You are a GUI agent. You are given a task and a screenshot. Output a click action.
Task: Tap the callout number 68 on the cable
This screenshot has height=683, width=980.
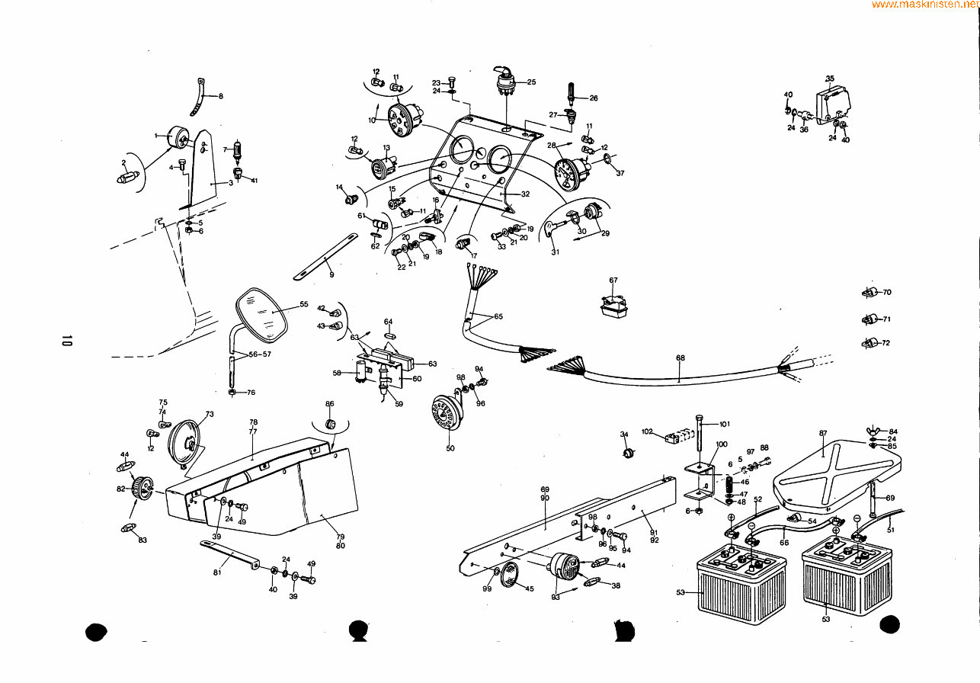pyautogui.click(x=680, y=358)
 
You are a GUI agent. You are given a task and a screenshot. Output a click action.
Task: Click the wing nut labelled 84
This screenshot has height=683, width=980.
pyautogui.click(x=873, y=431)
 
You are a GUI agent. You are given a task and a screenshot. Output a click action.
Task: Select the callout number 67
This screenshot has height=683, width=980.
pyautogui.click(x=613, y=281)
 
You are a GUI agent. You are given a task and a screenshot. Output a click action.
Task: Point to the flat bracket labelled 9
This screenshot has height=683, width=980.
pyautogui.click(x=325, y=259)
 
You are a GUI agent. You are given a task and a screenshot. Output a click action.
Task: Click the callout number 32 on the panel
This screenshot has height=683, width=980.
pyautogui.click(x=525, y=194)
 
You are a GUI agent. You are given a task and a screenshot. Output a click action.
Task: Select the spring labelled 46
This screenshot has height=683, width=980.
pyautogui.click(x=729, y=483)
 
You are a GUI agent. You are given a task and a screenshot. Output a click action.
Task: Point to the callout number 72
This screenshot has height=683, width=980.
pyautogui.click(x=886, y=343)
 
